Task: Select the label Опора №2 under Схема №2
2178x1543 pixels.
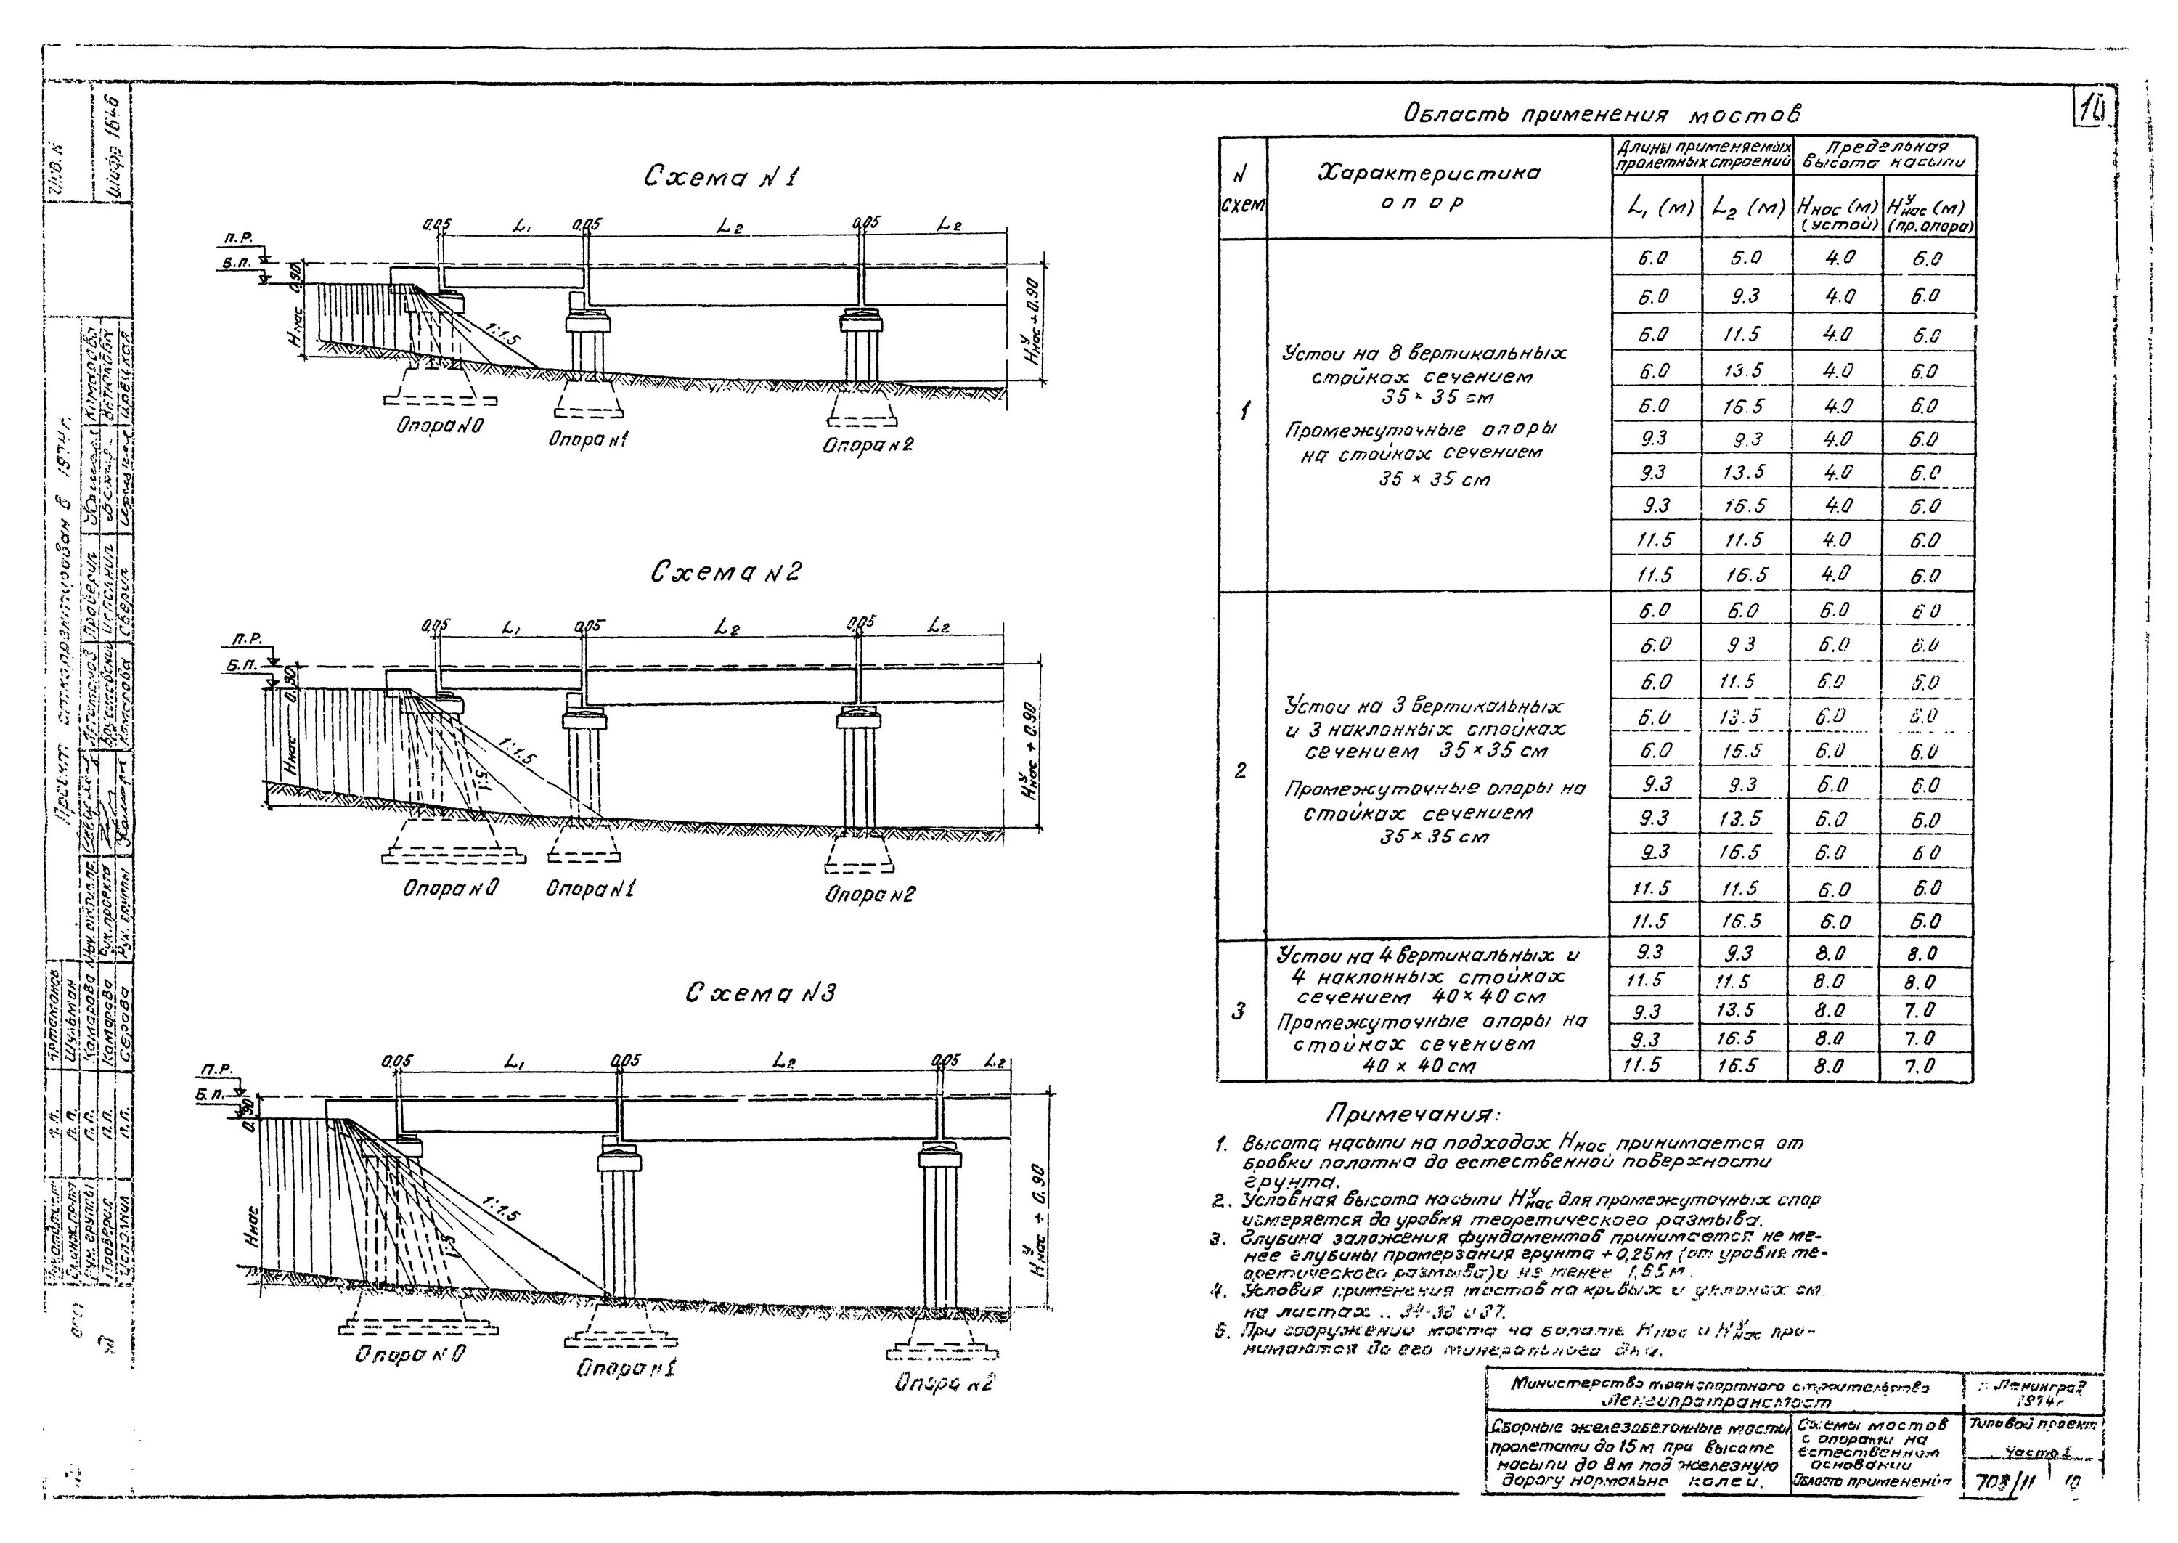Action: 869,893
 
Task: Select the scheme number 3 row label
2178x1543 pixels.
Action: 1239,1012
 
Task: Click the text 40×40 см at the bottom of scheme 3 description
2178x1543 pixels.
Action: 1430,1066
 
